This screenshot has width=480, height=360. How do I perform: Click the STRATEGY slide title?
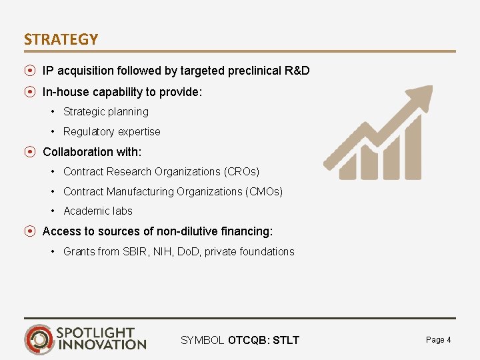tap(61, 39)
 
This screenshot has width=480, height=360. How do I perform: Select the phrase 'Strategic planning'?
tap(105, 112)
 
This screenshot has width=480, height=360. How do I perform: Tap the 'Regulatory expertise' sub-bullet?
tap(111, 132)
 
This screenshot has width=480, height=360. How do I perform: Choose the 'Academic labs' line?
tap(97, 211)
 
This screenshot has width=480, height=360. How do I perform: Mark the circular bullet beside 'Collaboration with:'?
tap(30, 152)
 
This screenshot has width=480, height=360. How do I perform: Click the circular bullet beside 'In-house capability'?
tap(30, 92)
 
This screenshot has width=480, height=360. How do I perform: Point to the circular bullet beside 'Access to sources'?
tap(30, 232)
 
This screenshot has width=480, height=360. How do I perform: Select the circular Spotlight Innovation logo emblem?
tap(40, 339)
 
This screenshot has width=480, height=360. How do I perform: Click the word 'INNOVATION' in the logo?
tap(102, 345)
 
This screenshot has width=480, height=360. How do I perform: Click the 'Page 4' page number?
tap(438, 340)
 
